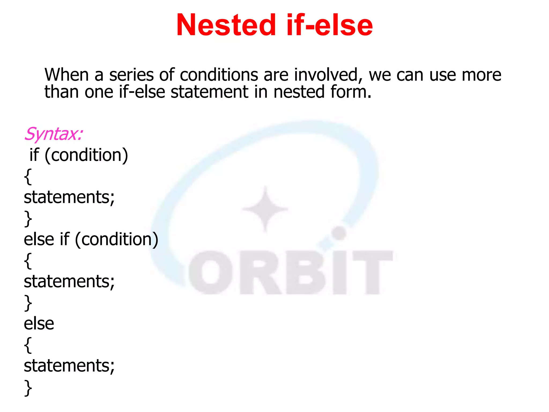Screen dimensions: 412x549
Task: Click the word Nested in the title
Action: pyautogui.click(x=226, y=25)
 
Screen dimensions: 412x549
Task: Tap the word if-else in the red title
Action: pyautogui.click(x=329, y=25)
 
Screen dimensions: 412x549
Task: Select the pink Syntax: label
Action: pyautogui.click(x=53, y=134)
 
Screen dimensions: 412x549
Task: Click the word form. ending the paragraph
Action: pyautogui.click(x=351, y=92)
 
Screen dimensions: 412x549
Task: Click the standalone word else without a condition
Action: pyautogui.click(x=39, y=323)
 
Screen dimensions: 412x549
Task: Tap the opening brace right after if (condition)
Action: pyautogui.click(x=28, y=177)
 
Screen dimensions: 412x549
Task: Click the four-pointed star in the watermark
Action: pyautogui.click(x=265, y=209)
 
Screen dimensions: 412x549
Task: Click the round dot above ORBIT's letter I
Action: pyautogui.click(x=339, y=233)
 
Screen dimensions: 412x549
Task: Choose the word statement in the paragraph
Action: pyautogui.click(x=209, y=92)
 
